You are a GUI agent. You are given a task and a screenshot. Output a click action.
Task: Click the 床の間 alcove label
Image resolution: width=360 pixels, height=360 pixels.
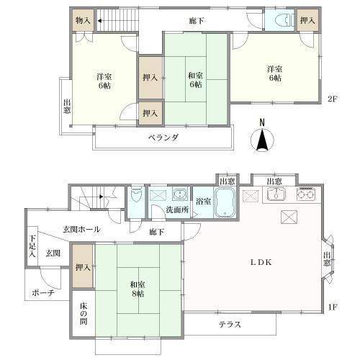pyautogui.click(x=84, y=315)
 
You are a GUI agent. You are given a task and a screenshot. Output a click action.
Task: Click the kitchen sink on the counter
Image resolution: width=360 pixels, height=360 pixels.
pyautogui.click(x=276, y=194)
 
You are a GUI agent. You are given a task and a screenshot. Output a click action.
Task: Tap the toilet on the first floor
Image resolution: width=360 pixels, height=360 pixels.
pyautogui.click(x=135, y=198)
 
